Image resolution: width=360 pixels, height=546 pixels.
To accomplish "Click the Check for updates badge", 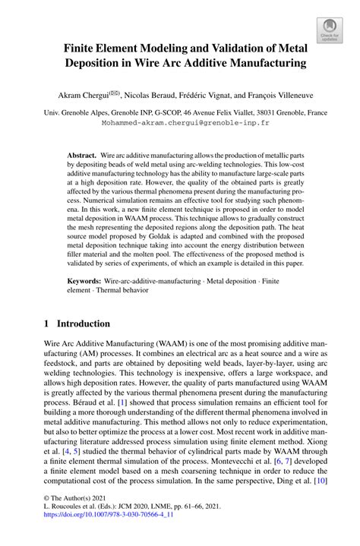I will [x=329, y=30].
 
